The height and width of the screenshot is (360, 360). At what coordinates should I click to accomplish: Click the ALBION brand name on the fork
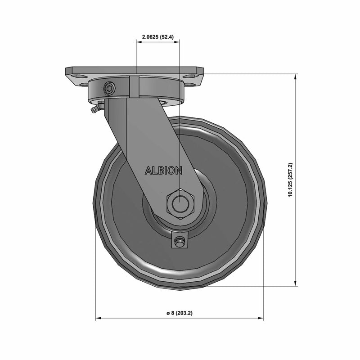[163, 171]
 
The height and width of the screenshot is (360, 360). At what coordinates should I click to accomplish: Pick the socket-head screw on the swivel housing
[109, 90]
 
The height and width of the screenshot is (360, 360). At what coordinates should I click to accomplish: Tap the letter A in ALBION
[147, 171]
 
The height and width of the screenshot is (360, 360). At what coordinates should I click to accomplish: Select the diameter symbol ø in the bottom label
[167, 313]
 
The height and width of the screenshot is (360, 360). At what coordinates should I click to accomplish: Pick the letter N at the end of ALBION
[179, 171]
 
